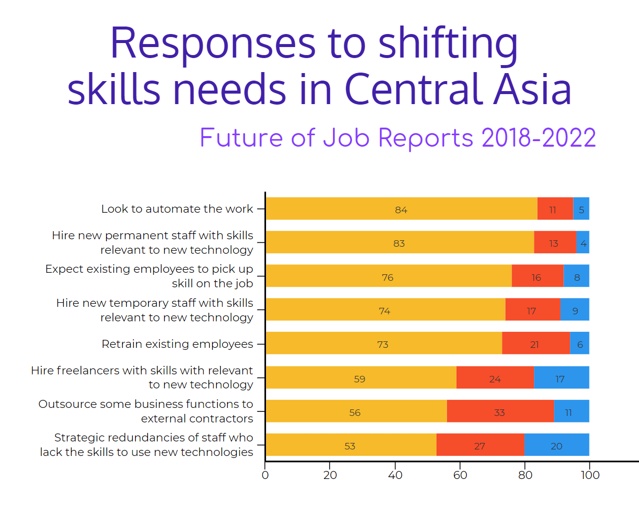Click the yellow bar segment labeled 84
pos(401,209)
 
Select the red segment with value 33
pos(499,411)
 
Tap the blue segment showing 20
pos(556,445)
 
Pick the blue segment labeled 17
pos(561,378)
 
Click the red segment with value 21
pos(535,343)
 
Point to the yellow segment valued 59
pos(360,378)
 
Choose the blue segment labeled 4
pos(583,243)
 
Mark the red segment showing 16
pos(537,276)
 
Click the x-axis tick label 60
pos(460,475)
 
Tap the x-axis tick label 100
pos(590,475)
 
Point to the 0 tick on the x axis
pos(265,475)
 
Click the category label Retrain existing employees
pos(177,344)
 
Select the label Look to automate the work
pos(177,209)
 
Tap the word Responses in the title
pos(213,43)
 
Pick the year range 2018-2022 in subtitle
pos(538,138)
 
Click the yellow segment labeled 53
pos(350,445)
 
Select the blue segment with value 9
pos(575,310)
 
